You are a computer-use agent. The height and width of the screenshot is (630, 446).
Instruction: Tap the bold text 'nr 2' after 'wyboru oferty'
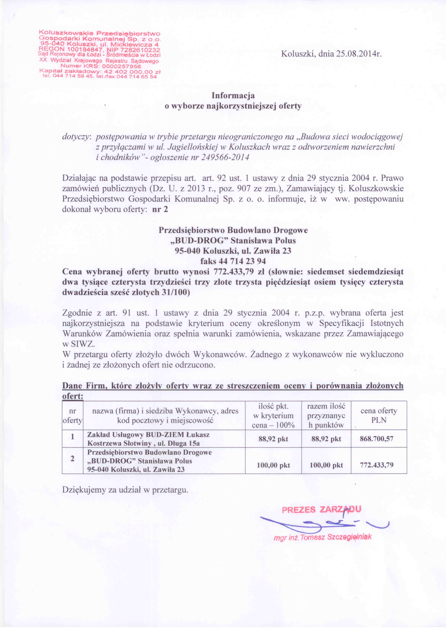coord(160,209)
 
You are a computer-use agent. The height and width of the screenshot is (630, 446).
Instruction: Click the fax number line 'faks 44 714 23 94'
coord(233,261)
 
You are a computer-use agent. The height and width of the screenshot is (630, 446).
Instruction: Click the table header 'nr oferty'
coord(72,416)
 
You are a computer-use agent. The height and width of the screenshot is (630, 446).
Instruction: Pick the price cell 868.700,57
coord(377,439)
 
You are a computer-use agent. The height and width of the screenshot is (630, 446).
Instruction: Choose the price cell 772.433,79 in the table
coord(377,465)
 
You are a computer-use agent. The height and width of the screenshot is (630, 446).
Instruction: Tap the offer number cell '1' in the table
coord(72,436)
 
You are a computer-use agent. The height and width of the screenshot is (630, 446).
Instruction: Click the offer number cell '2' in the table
coord(72,459)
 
